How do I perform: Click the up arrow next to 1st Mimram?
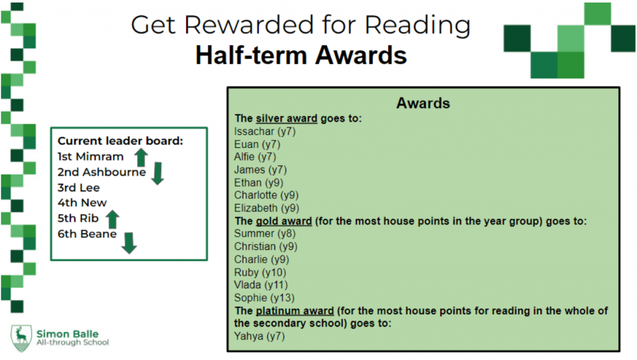(x=141, y=157)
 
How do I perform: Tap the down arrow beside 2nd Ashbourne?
(x=157, y=173)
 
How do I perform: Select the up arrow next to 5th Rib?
(x=113, y=219)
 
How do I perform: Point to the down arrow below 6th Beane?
(x=129, y=243)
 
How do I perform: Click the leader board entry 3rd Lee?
(x=78, y=188)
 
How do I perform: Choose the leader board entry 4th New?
(x=82, y=203)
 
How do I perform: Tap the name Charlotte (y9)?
(x=266, y=195)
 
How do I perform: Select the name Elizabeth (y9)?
(x=266, y=208)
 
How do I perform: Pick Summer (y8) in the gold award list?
(x=265, y=234)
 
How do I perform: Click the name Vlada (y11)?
(x=261, y=285)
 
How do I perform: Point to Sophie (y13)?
(x=264, y=298)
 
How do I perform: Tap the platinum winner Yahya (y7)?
(x=259, y=336)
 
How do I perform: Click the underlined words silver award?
(x=286, y=119)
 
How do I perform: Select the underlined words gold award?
(x=284, y=221)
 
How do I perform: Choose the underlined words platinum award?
(x=295, y=311)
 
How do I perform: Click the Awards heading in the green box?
(x=423, y=103)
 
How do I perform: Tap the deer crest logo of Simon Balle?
(x=21, y=338)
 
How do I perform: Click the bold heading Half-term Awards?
(x=301, y=55)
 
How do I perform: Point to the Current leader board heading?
(x=120, y=141)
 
